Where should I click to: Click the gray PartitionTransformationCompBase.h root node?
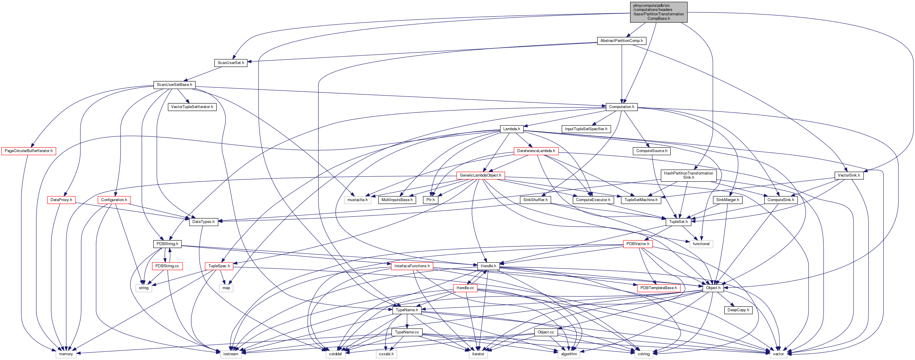point(658,12)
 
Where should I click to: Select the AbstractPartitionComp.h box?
point(621,41)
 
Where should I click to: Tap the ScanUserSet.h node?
point(231,63)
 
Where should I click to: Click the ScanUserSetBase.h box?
point(174,85)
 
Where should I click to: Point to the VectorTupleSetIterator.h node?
point(192,107)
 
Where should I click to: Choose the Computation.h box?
point(621,107)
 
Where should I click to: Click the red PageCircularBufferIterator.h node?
point(28,151)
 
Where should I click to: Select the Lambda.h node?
point(511,129)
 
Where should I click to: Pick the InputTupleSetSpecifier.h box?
point(586,129)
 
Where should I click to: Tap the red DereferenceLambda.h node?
point(536,151)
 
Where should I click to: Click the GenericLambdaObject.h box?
point(480,175)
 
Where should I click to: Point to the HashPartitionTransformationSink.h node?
point(688,175)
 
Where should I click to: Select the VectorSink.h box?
point(849,175)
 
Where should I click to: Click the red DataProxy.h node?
point(61,200)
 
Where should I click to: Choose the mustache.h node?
point(357,200)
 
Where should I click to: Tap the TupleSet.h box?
point(678,222)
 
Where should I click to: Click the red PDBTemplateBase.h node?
point(658,288)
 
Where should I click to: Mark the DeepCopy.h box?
point(738,310)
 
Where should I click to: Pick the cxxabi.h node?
point(386,354)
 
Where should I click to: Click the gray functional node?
point(701,244)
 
